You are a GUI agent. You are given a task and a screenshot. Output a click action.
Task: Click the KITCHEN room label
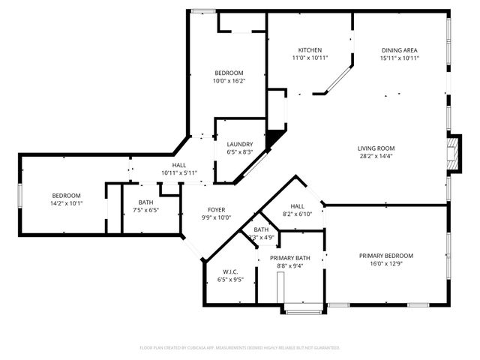pos(310,50)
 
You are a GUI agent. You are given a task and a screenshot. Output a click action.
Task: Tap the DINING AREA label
pos(399,50)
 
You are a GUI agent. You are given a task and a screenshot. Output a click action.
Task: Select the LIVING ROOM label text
pos(376,148)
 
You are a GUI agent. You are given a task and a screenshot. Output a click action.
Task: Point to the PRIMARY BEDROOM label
pos(386,256)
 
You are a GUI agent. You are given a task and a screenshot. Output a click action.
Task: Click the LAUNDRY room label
pos(240,144)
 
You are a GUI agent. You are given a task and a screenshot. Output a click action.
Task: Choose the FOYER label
pos(216,210)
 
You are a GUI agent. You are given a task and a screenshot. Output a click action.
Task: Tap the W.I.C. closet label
pos(230,271)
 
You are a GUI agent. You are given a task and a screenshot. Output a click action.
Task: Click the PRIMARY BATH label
pos(290,258)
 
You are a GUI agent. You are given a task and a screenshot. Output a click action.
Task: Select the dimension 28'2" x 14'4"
pos(376,157)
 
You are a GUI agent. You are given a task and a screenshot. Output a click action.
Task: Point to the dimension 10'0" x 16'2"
pos(229,81)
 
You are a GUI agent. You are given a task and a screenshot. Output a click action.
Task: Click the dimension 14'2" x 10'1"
pos(66,203)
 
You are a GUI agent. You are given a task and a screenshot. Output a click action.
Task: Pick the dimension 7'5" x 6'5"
pos(146,211)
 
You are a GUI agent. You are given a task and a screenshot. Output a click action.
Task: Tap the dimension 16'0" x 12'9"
pos(386,264)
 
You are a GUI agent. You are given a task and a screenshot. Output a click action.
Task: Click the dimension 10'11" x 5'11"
pos(179,173)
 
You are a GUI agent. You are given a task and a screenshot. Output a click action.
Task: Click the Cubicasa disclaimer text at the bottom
pos(240,348)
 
